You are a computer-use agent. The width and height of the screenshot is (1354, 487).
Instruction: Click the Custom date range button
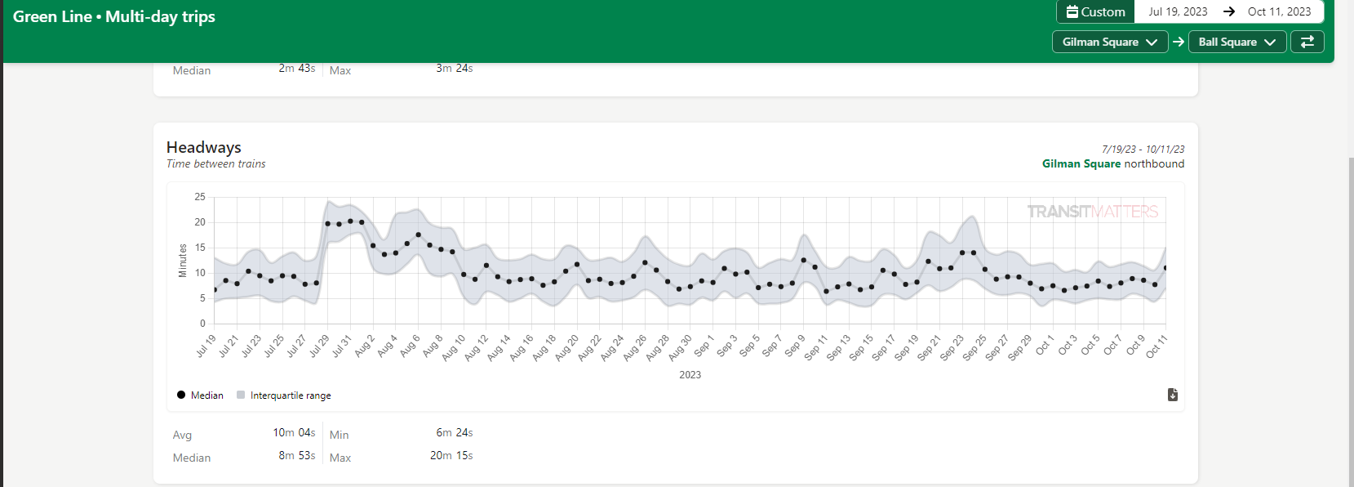tap(1095, 12)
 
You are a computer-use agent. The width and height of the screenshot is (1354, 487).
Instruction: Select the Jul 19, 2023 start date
tap(1178, 12)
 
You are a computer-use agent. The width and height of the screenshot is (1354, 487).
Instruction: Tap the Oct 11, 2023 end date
tap(1279, 12)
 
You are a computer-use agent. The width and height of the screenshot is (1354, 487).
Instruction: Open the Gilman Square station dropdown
tap(1109, 42)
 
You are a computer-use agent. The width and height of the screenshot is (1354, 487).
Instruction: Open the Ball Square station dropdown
tap(1236, 42)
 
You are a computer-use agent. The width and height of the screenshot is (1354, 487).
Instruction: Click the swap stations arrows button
tap(1307, 42)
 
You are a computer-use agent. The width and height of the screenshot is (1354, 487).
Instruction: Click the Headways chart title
tap(204, 147)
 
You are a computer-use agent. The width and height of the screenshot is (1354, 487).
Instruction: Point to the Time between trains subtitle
tap(216, 164)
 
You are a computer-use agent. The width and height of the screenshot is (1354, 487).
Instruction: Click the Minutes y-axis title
tap(183, 260)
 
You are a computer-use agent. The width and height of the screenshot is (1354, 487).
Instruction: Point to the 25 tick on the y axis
tap(200, 197)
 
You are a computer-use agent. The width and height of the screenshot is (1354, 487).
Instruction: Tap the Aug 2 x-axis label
tap(365, 346)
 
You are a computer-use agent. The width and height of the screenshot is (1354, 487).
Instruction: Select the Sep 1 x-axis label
tap(704, 346)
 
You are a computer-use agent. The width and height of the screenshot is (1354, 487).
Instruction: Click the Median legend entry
tap(200, 395)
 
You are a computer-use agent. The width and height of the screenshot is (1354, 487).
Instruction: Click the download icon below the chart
tap(1173, 395)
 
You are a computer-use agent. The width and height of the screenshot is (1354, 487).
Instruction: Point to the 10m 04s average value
tap(294, 433)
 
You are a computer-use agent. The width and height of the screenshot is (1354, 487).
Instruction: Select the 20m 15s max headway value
tap(451, 456)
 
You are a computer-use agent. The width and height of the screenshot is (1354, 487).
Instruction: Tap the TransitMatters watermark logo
tap(1092, 212)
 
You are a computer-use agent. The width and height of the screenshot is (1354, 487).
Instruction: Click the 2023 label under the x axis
tap(690, 375)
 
